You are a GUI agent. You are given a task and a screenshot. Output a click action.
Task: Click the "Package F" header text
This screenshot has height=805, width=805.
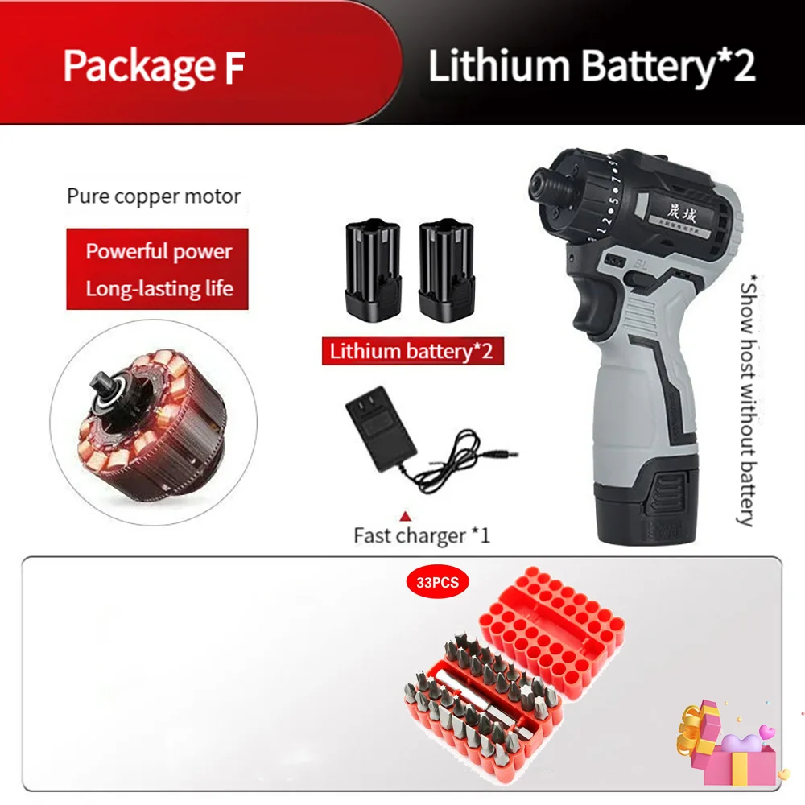[x=153, y=66]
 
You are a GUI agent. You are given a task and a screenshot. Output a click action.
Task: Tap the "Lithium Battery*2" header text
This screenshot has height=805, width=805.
[x=592, y=66]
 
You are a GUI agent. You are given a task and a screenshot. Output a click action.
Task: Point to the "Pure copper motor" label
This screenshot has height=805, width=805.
[x=154, y=196]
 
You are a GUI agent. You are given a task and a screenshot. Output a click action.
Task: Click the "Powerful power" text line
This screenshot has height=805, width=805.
[x=159, y=251]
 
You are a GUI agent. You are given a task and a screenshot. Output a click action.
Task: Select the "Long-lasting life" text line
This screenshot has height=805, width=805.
[x=159, y=288]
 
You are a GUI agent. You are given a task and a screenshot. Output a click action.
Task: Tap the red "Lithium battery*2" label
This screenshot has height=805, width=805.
[x=411, y=351]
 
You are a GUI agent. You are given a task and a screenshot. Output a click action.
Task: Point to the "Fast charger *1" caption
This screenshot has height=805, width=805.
[x=422, y=535]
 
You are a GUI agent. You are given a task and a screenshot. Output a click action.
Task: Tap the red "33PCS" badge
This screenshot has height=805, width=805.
[x=438, y=583]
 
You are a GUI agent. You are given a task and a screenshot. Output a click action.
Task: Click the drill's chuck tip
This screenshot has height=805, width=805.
[x=538, y=182]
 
